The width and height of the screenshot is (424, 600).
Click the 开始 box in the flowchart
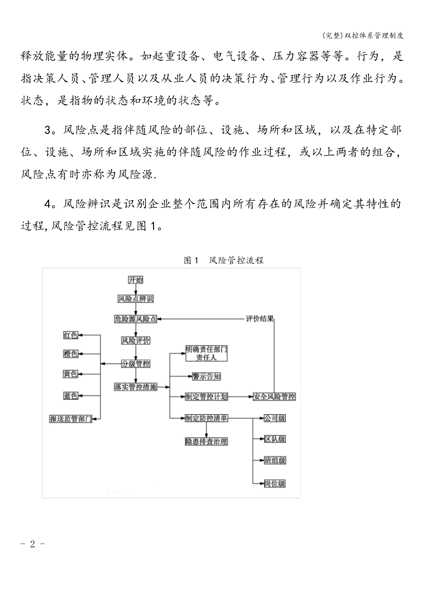click(x=136, y=280)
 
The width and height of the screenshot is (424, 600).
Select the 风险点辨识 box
click(x=136, y=299)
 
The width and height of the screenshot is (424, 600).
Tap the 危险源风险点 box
click(x=136, y=319)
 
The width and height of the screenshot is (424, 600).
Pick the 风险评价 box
click(x=136, y=341)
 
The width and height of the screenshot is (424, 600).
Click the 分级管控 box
click(x=136, y=364)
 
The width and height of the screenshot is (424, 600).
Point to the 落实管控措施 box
click(x=136, y=387)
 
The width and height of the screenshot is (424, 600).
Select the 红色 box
click(x=71, y=335)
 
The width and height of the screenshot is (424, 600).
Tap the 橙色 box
click(x=71, y=354)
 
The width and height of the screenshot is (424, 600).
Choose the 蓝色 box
click(x=71, y=396)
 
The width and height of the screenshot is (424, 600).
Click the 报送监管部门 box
click(x=71, y=419)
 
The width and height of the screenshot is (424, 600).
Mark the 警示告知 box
click(x=206, y=376)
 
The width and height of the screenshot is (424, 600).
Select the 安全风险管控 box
click(x=274, y=396)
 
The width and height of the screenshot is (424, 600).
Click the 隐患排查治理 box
click(x=206, y=442)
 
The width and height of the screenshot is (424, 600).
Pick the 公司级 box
click(x=274, y=418)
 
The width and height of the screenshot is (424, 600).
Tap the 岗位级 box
click(x=274, y=483)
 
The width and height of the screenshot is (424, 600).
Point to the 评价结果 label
click(x=260, y=319)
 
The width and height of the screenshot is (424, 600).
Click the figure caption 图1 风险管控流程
click(x=224, y=260)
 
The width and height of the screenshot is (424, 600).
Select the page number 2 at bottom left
click(x=32, y=544)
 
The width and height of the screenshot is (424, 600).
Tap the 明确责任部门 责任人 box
click(x=206, y=353)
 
